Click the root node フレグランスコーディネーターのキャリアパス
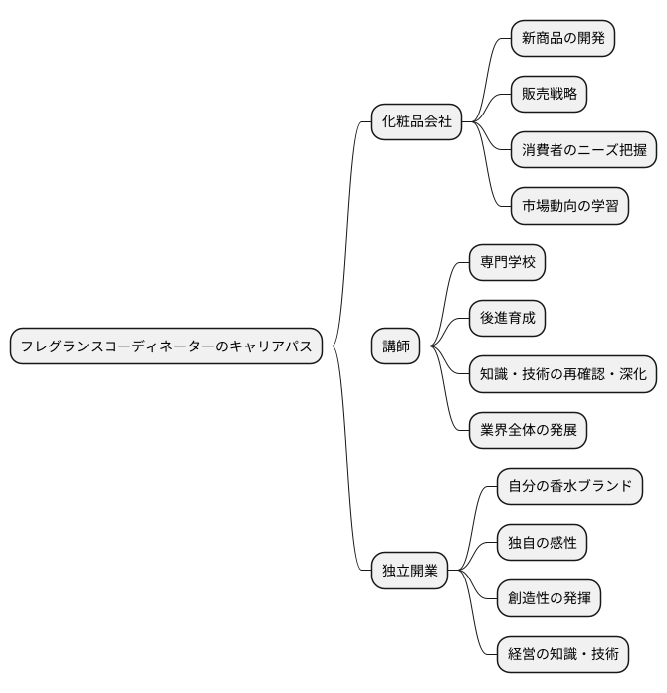click(x=166, y=346)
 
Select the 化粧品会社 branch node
click(x=417, y=121)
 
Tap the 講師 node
click(x=396, y=346)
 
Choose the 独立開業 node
click(x=410, y=572)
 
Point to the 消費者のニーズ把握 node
click(x=583, y=150)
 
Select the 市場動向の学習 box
click(x=569, y=206)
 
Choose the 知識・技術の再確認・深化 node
click(x=562, y=374)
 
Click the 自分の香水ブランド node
click(x=569, y=487)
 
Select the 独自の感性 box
click(x=542, y=543)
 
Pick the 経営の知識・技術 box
click(x=562, y=655)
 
